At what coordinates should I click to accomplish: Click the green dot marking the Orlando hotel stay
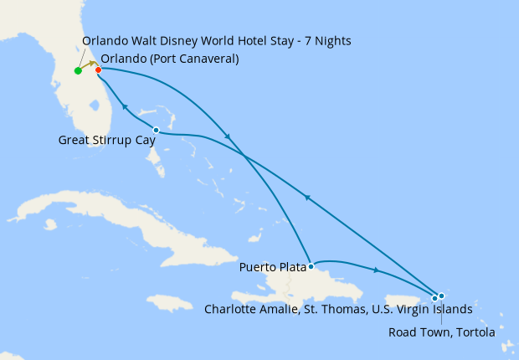point(78,71)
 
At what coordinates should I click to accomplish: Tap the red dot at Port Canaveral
point(99,69)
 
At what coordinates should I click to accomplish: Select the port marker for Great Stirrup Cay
point(157,130)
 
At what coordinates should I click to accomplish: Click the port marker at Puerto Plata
point(311,267)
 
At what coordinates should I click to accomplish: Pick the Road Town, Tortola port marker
point(441,296)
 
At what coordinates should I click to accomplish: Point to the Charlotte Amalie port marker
point(434,298)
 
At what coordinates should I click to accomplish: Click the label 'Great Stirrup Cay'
point(106,141)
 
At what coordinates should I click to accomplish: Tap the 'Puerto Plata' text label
point(272,268)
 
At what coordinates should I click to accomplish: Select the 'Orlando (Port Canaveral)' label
point(169,59)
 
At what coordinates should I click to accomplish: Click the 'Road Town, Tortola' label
point(441,332)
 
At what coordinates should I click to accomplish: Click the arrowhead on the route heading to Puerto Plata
point(228,137)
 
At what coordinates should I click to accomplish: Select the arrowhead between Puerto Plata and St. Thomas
point(377,270)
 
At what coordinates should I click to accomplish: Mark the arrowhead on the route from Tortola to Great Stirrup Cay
point(307,198)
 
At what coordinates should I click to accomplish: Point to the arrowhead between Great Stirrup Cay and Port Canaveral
point(125,106)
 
